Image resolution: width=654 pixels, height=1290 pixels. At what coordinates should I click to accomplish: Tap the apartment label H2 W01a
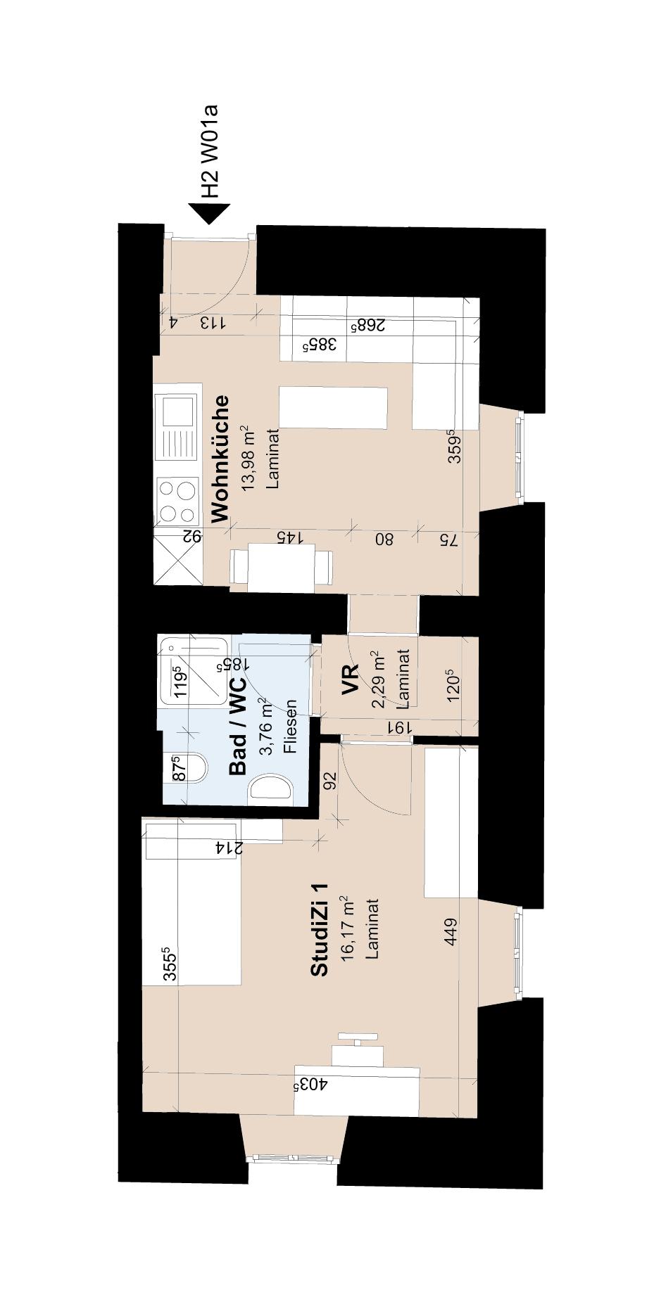(210, 151)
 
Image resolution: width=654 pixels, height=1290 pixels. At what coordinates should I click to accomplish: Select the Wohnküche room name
(220, 458)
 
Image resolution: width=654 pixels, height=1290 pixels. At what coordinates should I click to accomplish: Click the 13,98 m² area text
(248, 458)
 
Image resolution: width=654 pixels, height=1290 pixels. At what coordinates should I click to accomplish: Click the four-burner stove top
(177, 500)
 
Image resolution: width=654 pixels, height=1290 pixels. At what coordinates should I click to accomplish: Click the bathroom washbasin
(271, 786)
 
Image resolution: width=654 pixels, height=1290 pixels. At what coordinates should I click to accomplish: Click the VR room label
(351, 679)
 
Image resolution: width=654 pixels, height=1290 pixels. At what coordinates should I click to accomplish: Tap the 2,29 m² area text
(379, 679)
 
